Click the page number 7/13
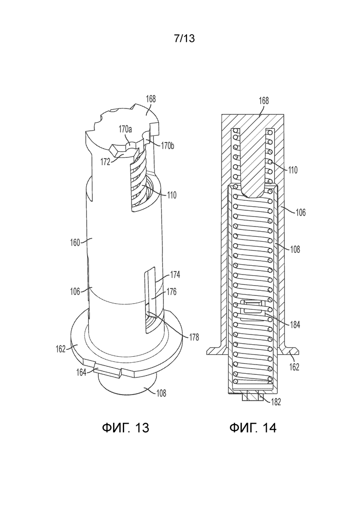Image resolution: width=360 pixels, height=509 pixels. [184, 38]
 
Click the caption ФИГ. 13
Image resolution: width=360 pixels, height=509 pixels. [125, 427]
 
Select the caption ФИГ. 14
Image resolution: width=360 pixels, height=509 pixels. [253, 427]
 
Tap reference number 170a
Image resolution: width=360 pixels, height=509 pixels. [125, 130]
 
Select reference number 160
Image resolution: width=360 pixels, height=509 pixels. [75, 242]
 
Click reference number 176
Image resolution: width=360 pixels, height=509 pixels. [171, 292]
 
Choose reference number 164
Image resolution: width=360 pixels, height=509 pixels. [81, 372]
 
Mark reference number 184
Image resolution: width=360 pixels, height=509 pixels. [295, 324]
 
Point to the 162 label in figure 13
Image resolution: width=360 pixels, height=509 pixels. [61, 349]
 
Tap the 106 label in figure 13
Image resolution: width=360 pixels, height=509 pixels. [75, 292]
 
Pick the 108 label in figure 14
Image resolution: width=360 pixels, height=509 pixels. [295, 249]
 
